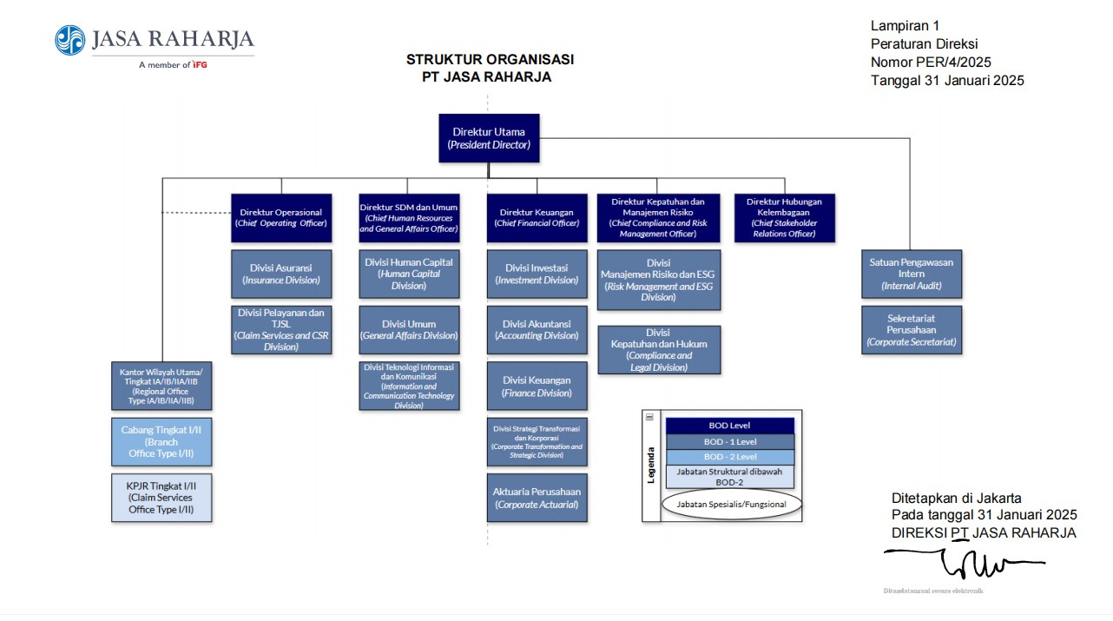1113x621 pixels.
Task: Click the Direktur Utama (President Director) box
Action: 489,138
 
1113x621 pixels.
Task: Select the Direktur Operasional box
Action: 281,217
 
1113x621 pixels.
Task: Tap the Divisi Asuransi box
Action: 281,274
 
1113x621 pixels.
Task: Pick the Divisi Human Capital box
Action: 409,274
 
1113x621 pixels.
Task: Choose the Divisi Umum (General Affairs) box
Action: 409,330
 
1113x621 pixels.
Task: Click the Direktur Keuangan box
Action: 537,217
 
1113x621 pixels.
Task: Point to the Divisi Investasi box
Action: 537,274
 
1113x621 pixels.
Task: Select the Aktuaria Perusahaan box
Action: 537,498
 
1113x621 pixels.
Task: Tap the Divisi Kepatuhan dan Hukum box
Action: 659,349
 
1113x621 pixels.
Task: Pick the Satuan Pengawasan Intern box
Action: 912,274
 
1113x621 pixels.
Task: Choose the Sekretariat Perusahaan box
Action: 912,330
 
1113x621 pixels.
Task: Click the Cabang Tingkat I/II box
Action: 161,441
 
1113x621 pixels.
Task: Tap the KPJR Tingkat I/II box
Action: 161,498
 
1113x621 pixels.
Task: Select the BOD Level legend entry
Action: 729,426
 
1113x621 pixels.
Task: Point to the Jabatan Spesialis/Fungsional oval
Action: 730,504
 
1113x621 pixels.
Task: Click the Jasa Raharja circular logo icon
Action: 70,40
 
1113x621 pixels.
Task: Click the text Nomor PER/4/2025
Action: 931,62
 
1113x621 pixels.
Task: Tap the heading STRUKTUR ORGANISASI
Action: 490,59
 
